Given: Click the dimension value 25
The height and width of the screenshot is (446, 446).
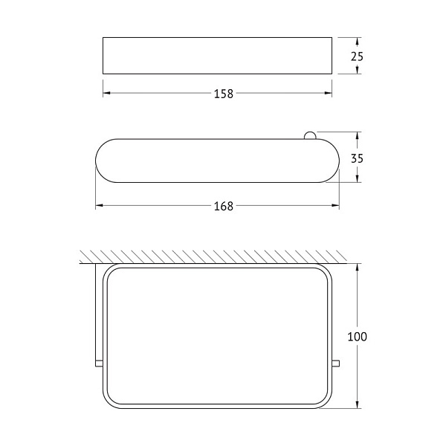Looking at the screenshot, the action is [x=357, y=56].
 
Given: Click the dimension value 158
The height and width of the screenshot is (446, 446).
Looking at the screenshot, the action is [x=224, y=94].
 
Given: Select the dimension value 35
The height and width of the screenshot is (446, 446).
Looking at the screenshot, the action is [x=357, y=158].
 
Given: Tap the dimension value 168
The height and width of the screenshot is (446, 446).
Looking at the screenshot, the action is [x=224, y=206].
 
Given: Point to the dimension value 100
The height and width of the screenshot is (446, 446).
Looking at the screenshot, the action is [x=358, y=337].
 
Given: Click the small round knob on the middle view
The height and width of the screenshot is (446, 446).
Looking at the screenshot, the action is [x=309, y=136].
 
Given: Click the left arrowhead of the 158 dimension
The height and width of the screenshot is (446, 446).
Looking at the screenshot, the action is [x=106, y=93].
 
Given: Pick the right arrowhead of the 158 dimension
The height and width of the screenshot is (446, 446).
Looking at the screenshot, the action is [x=329, y=93].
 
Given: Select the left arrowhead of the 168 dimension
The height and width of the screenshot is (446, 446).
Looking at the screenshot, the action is [x=99, y=205].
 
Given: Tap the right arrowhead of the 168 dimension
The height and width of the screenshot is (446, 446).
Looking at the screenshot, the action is [x=336, y=205].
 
